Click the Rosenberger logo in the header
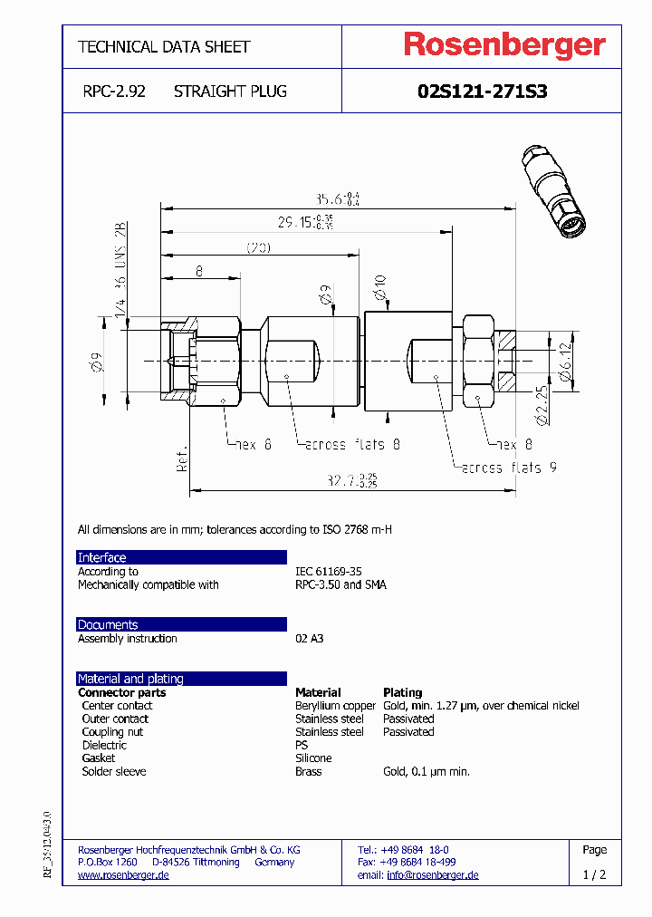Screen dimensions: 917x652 pos(504,46)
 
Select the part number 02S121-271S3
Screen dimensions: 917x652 pos(482,92)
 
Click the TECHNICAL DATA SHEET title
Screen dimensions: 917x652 pos(164,47)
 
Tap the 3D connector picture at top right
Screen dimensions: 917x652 pos(553,190)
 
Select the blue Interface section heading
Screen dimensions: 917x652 pos(101,557)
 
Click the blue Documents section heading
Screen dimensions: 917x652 pos(108,624)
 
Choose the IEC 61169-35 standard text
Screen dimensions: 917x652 pos(328,572)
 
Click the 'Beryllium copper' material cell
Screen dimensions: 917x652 pos(335,706)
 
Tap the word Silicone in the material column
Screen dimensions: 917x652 pos(313,758)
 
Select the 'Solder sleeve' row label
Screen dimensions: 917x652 pos(113,772)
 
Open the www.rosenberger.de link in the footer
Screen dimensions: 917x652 pos(123,875)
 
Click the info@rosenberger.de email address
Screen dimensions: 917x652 pos(432,875)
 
